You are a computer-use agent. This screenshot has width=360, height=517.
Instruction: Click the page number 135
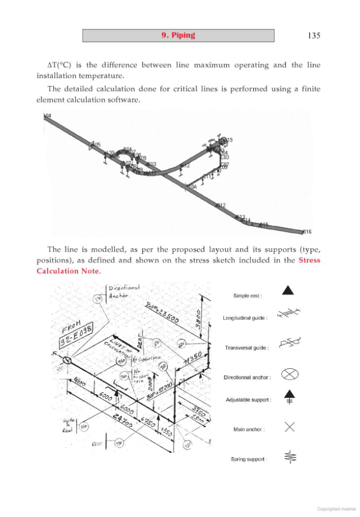[x=313, y=36]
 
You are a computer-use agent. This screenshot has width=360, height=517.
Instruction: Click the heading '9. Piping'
[x=178, y=36]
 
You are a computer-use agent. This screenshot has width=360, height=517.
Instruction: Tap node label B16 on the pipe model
[x=307, y=232]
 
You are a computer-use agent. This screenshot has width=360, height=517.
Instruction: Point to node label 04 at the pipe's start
[x=48, y=116]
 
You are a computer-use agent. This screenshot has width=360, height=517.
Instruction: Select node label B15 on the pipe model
[x=264, y=225]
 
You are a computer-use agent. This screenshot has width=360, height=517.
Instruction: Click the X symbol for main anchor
[x=289, y=426]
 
